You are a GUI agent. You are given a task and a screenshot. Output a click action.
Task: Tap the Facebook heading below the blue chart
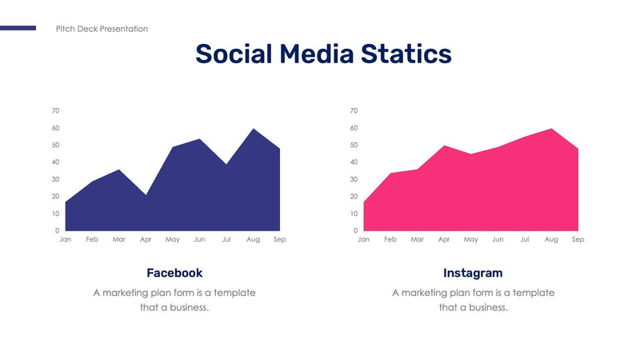[174, 273]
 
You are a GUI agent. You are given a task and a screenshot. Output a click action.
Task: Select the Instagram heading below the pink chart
[473, 273]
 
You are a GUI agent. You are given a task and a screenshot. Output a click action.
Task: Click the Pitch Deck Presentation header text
[102, 29]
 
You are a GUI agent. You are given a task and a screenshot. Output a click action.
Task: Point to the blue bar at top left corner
[18, 28]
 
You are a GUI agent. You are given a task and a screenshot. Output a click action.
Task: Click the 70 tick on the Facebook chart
[55, 110]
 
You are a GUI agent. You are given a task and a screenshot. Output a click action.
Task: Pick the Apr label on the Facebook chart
[146, 239]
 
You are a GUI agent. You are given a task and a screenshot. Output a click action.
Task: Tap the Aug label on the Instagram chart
[551, 239]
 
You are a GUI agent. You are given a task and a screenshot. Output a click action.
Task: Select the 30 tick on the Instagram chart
[354, 179]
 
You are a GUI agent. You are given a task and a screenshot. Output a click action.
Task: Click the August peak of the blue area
[253, 130]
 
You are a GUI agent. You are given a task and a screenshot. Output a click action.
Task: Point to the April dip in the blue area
[146, 194]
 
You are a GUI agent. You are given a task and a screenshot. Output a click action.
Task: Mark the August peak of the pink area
[551, 130]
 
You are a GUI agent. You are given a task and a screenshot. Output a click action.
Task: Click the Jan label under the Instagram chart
[364, 239]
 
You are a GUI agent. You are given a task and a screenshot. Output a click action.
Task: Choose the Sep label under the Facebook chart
[279, 239]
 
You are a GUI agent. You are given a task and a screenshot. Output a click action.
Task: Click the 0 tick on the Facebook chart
[57, 231]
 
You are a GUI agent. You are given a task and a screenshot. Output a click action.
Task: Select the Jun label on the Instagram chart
[498, 239]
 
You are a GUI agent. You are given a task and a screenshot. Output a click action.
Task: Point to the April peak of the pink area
[444, 146]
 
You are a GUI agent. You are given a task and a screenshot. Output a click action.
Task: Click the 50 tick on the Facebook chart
[55, 145]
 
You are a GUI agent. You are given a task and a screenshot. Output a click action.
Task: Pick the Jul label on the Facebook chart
[226, 239]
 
